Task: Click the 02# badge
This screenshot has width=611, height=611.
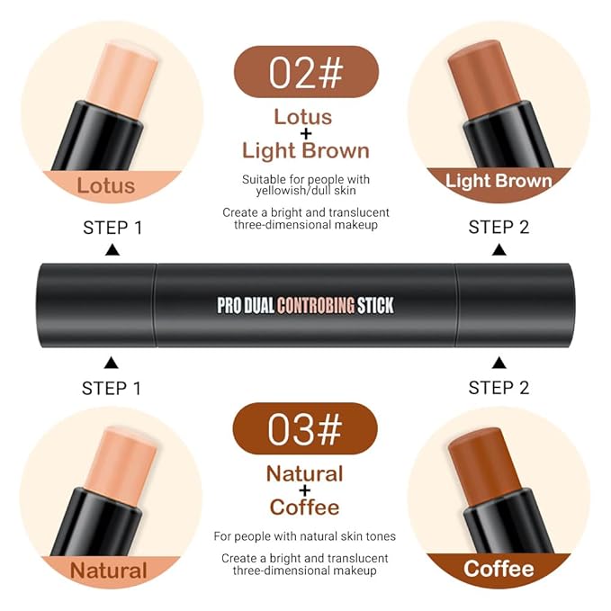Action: (306, 71)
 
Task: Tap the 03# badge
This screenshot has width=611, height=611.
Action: (306, 428)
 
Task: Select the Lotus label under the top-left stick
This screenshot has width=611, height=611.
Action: (106, 186)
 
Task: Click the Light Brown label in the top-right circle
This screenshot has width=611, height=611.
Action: (499, 181)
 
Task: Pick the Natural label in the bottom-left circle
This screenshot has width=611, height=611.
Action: (108, 571)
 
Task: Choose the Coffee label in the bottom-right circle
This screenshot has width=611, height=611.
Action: (498, 569)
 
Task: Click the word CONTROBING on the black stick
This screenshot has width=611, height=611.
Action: (315, 305)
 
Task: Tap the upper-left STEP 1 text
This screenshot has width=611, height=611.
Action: (112, 228)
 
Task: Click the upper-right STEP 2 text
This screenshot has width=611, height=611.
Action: (499, 228)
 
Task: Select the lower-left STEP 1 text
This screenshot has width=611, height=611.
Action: (112, 388)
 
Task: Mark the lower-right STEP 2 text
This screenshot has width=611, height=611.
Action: (499, 388)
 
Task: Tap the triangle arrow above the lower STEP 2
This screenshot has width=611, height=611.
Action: (499, 363)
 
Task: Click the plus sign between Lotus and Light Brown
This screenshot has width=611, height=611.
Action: (304, 133)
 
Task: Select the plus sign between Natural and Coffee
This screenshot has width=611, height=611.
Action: (304, 490)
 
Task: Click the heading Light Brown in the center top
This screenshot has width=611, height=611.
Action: (305, 150)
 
